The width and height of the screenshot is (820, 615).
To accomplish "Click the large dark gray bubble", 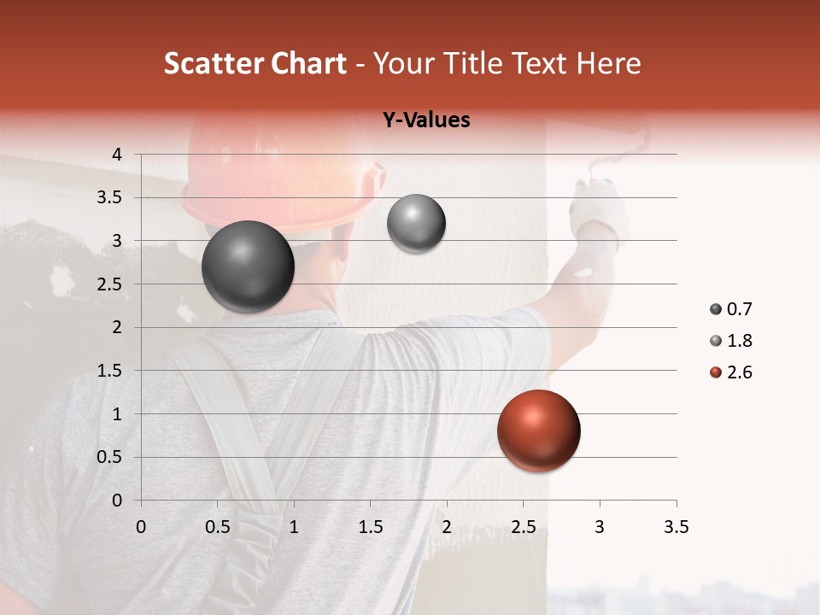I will click(x=248, y=266).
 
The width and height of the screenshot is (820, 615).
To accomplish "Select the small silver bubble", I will click(x=416, y=224).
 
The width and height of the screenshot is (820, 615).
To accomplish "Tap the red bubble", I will click(x=538, y=431).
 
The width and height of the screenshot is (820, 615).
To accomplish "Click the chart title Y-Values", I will click(x=425, y=120).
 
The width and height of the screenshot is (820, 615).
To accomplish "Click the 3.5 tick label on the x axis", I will click(x=676, y=527).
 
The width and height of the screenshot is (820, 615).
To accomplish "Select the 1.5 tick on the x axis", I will click(x=370, y=527).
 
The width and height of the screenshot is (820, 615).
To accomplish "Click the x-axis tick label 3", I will click(x=600, y=527).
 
